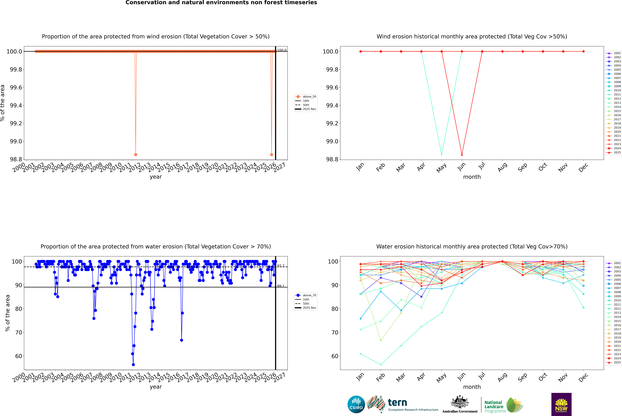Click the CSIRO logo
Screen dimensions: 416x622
click(356, 404)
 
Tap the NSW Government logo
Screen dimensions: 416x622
click(561, 404)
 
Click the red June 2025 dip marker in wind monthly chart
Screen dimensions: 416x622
click(462, 155)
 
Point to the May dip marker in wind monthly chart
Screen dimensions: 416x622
click(441, 154)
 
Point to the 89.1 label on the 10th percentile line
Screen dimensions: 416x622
click(281, 286)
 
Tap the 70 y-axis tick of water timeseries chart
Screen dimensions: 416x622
click(19, 332)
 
